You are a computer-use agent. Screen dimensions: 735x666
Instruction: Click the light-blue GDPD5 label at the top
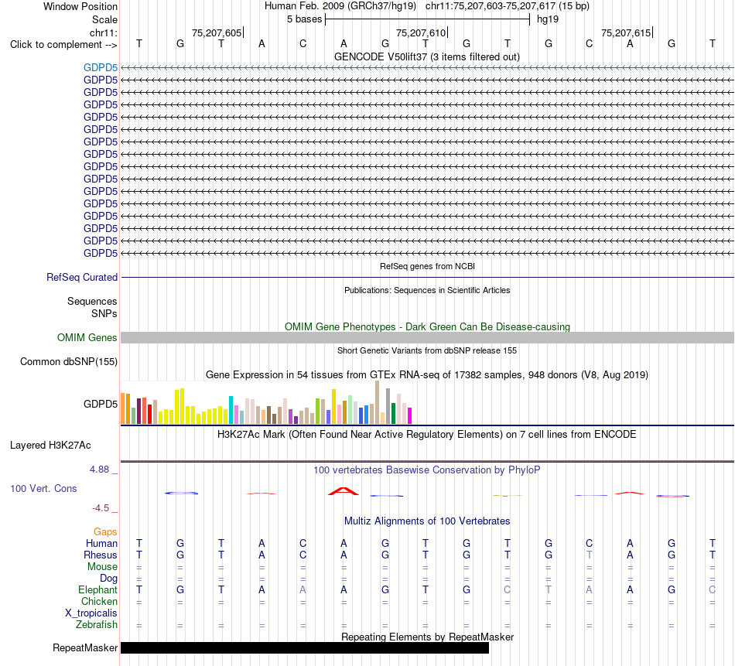pos(101,68)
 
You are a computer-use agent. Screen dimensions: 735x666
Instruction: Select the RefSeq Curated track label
pos(82,278)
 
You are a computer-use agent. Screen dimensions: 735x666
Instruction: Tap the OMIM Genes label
pos(87,337)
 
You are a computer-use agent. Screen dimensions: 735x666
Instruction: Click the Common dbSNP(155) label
pos(69,362)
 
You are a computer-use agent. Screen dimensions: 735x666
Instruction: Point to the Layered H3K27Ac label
pos(50,446)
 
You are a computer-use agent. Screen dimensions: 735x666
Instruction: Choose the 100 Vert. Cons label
pos(43,488)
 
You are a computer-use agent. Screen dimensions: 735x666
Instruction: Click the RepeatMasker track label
pos(85,647)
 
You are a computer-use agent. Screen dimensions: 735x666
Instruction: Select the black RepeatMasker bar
pos(305,647)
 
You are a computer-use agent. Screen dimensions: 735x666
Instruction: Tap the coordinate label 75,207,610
pos(421,32)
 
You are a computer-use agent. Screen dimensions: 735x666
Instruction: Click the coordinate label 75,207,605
pos(217,32)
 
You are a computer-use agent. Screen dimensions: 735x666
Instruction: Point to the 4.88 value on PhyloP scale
pos(99,470)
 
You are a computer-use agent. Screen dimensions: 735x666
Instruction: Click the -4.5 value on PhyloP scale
pos(101,508)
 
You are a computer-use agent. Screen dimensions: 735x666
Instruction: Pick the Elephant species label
pos(98,590)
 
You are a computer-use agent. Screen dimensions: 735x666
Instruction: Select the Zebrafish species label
pos(97,625)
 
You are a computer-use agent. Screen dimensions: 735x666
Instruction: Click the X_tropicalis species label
pos(91,613)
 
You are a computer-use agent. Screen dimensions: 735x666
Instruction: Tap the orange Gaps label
pos(105,532)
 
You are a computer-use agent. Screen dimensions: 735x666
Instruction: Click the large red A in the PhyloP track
pos(343,491)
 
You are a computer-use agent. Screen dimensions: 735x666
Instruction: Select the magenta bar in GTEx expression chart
pos(410,416)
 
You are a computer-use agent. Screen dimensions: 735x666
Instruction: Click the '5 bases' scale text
pos(305,19)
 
